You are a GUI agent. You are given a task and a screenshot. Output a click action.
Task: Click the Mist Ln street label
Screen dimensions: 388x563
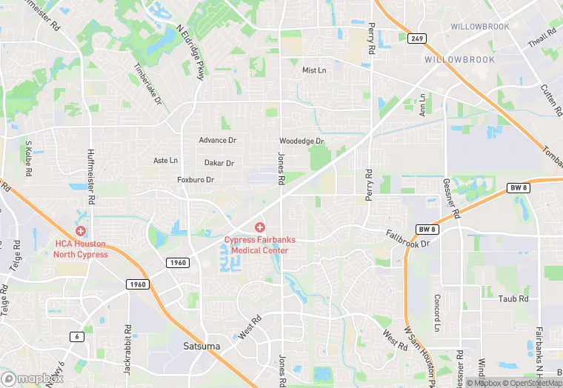(314, 70)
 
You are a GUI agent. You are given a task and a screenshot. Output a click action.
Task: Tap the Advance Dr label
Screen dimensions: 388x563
(217, 140)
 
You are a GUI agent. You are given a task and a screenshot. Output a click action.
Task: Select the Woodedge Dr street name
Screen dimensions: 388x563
(302, 141)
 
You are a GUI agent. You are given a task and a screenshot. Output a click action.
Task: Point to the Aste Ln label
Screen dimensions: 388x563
(165, 160)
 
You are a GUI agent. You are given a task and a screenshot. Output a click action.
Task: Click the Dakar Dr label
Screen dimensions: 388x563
(219, 163)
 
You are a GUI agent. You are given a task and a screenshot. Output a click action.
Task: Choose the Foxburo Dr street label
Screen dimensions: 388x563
(196, 180)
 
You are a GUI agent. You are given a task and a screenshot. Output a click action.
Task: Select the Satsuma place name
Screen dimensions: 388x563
(201, 346)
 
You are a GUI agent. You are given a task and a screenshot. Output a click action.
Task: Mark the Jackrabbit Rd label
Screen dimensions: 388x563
(128, 347)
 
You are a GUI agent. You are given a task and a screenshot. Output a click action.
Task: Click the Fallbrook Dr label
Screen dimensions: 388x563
(407, 238)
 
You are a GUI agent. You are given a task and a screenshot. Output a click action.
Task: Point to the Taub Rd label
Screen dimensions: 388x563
(513, 299)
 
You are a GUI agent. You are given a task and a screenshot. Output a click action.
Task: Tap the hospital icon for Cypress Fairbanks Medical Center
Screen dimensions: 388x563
(259, 227)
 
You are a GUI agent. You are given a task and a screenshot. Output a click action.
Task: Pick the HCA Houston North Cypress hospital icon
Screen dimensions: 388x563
(80, 231)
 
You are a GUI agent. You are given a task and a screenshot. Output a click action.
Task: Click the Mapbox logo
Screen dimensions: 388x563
(33, 378)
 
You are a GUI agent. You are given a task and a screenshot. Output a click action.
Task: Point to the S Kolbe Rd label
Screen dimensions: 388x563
(29, 158)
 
